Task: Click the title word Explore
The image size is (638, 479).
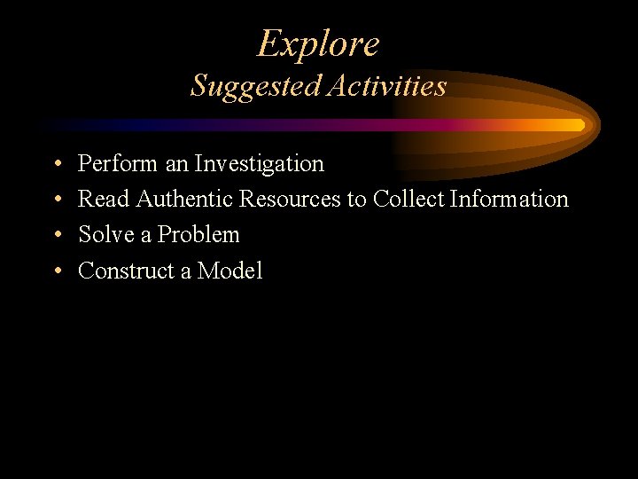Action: [318, 43]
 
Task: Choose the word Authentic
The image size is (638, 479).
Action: [183, 200]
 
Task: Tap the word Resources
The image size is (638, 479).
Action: [290, 200]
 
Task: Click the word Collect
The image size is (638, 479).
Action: [408, 200]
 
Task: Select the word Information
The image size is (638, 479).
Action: [510, 200]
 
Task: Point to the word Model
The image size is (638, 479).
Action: [230, 271]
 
